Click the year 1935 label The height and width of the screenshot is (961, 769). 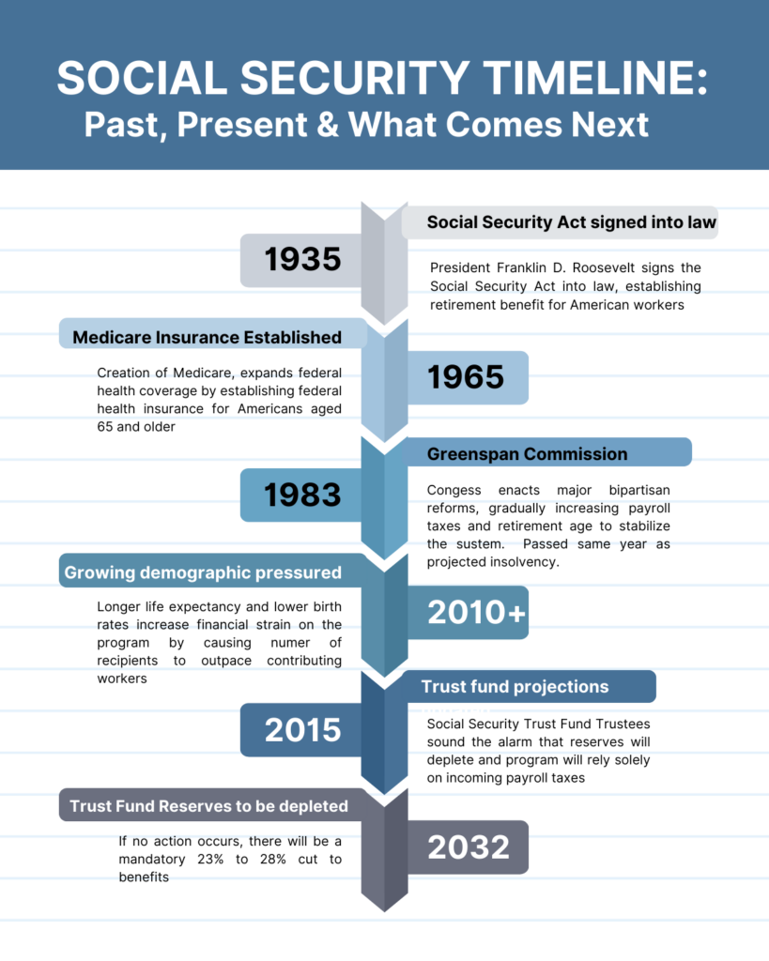pos(302,259)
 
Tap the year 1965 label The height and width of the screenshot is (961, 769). pos(466,377)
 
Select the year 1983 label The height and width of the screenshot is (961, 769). pos(302,495)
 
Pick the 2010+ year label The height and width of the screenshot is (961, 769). pos(476,612)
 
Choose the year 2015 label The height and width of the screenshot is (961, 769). pos(302,730)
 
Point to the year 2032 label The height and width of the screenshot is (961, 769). pos(469,847)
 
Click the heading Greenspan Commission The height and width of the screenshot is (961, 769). pos(528,454)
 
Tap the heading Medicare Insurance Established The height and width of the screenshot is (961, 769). pos(208,338)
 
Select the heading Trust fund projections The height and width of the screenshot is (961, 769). pos(515,687)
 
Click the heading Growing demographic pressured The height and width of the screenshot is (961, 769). pos(203,573)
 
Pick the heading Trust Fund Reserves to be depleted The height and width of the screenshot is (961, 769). pos(208,806)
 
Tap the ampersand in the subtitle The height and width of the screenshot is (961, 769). pos(328,125)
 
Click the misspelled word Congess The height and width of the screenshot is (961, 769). pos(454,491)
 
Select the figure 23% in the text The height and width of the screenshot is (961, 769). pos(210,860)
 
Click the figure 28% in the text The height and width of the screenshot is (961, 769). pos(273,860)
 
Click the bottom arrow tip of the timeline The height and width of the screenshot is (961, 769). pos(385,911)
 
